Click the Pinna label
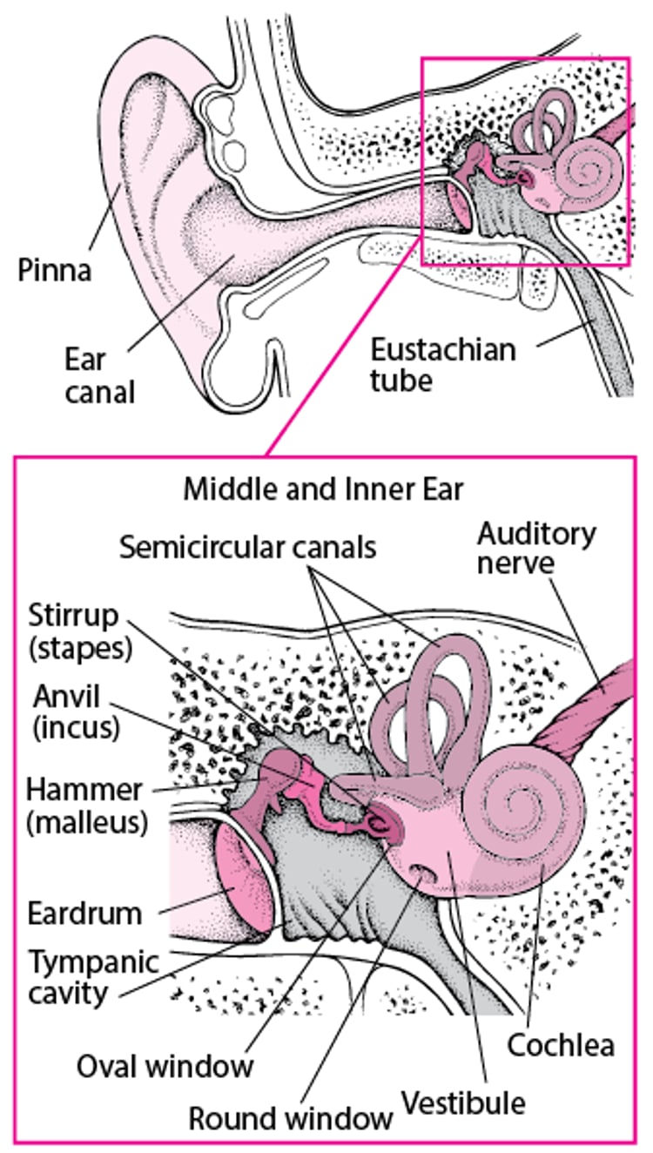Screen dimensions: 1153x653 click(54, 271)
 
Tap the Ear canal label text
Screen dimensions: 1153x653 click(100, 374)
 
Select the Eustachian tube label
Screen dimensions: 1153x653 click(443, 365)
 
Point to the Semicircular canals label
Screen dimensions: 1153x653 click(248, 548)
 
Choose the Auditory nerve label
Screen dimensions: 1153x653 click(537, 548)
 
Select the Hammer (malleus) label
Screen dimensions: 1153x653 click(85, 806)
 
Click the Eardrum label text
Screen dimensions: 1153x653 click(84, 914)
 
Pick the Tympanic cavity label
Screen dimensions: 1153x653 click(94, 977)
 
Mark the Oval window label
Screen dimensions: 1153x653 click(165, 1065)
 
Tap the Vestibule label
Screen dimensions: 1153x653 click(463, 1103)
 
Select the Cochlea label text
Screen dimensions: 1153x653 click(561, 1044)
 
